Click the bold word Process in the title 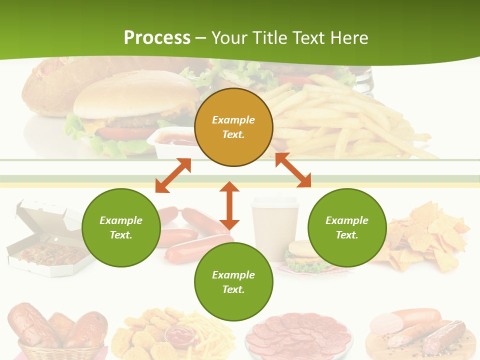pos(157,38)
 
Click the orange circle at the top pos(233,127)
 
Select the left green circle pos(121,227)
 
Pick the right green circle pos(347,227)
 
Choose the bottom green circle pos(233,282)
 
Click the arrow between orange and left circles pos(173,175)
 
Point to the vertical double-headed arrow pos(229,205)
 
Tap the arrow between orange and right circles pos(293,170)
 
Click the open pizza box pos(45,240)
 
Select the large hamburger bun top pos(135,95)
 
